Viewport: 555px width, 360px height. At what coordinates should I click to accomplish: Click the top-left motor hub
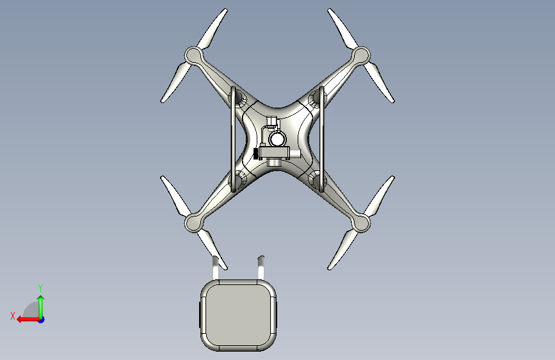tap(194, 56)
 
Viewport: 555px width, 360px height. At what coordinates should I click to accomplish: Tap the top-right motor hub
tap(360, 56)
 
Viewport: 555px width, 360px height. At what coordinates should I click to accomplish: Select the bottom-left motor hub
tap(194, 223)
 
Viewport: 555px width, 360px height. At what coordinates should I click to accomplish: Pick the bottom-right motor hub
tap(360, 223)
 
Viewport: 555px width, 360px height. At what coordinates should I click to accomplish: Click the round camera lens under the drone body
tap(277, 139)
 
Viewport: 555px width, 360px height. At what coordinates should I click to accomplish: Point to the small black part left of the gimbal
tap(255, 154)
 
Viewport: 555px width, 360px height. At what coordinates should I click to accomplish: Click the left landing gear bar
tap(233, 139)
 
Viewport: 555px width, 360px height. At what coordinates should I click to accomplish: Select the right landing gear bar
tap(321, 139)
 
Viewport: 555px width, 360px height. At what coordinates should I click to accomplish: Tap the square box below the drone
tap(239, 315)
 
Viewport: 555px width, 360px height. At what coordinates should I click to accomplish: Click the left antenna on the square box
tap(216, 268)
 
